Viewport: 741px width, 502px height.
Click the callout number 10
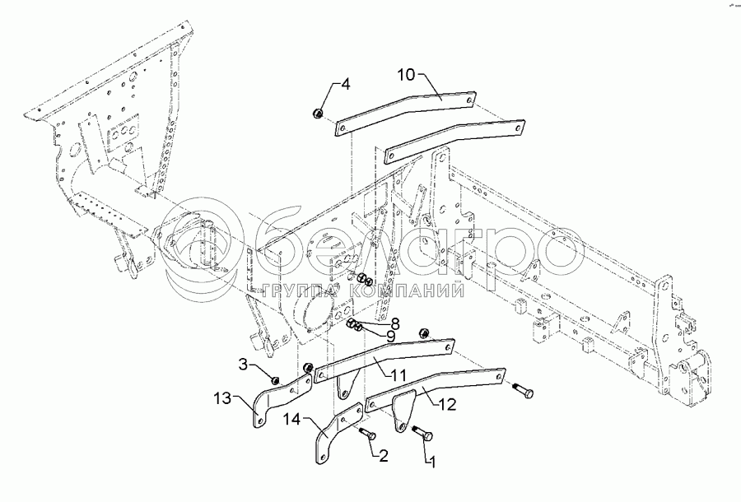[406, 75]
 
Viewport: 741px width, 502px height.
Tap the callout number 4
[346, 85]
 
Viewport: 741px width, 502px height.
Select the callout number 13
[222, 398]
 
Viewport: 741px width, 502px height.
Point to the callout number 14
[292, 419]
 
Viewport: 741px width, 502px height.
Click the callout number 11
[398, 375]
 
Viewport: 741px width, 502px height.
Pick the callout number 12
[447, 404]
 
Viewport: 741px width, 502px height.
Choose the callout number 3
[243, 365]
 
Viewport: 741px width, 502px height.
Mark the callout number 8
[394, 324]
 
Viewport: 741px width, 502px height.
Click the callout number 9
[390, 337]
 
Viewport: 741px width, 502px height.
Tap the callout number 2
[383, 456]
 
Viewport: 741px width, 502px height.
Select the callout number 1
[431, 462]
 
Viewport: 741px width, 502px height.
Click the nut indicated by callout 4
[318, 114]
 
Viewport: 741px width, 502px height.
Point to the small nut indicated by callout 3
[274, 379]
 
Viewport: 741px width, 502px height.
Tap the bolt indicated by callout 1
[422, 433]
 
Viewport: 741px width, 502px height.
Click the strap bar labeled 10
[407, 114]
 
